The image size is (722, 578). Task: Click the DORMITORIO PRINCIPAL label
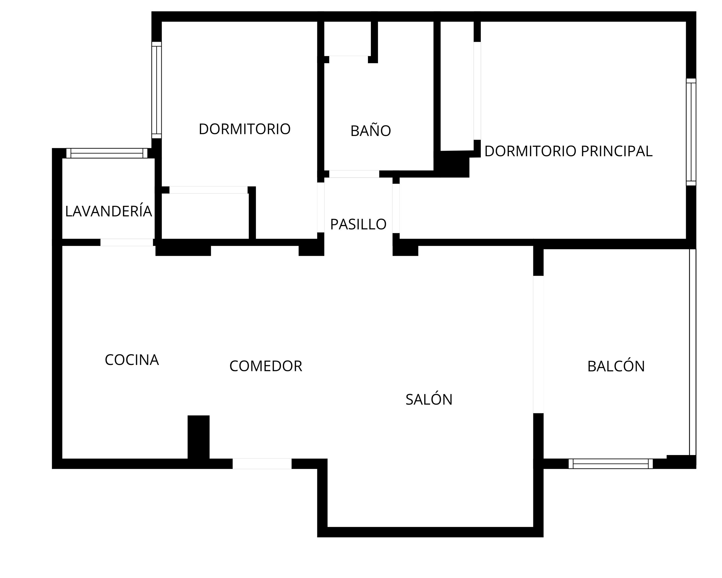click(x=568, y=151)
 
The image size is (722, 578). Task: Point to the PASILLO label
click(x=358, y=224)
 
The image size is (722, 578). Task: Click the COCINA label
click(x=132, y=360)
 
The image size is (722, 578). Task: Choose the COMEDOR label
click(x=266, y=366)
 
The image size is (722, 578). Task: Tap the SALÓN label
click(x=429, y=399)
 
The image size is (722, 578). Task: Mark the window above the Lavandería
click(x=107, y=153)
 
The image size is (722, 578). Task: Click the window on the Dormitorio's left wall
click(x=157, y=90)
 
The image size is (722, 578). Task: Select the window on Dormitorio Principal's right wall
click(x=691, y=132)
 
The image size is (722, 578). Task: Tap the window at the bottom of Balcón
click(x=611, y=464)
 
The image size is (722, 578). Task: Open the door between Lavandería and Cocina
click(x=127, y=242)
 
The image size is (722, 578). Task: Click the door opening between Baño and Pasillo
click(x=354, y=174)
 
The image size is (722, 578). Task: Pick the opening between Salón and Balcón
click(x=538, y=344)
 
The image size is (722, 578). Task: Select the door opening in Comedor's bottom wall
click(x=262, y=464)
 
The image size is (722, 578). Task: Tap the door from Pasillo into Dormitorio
click(x=321, y=208)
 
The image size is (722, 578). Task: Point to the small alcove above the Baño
click(x=348, y=38)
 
